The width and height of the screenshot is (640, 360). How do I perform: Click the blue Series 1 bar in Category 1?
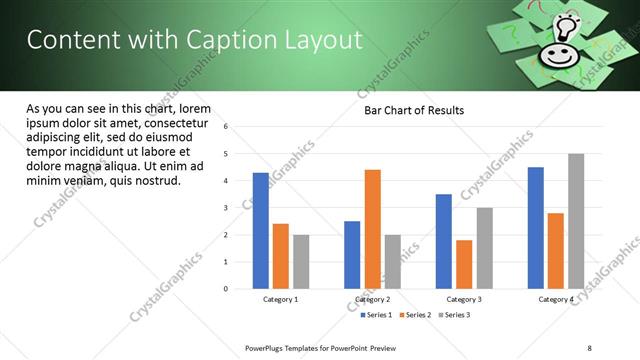(261, 231)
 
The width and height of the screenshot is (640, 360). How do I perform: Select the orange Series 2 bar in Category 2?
(372, 229)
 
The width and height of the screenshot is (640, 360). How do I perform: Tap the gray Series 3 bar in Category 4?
(575, 221)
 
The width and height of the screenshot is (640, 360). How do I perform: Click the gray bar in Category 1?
(301, 262)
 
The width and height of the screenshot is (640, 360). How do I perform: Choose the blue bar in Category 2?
(352, 255)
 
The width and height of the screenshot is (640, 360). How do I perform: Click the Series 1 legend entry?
(378, 315)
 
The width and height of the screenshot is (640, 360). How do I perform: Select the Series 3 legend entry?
(452, 315)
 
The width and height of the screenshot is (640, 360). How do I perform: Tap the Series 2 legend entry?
(415, 315)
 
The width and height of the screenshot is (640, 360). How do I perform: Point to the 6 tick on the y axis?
(227, 127)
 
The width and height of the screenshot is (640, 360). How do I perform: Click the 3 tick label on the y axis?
(227, 208)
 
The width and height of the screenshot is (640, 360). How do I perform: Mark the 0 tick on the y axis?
(227, 289)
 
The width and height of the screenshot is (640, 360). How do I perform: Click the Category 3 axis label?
(464, 299)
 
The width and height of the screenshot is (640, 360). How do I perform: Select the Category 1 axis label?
(281, 299)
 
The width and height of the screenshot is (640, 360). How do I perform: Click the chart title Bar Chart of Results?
(413, 110)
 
